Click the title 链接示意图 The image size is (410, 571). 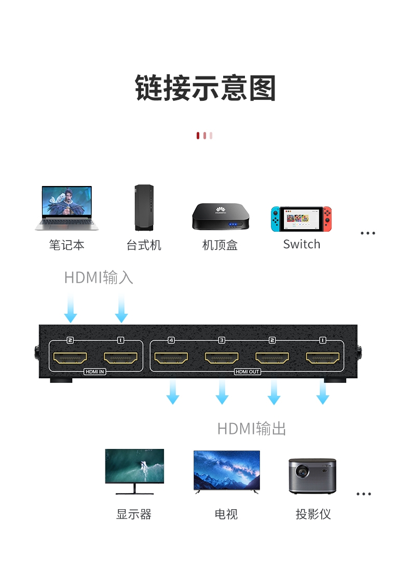[205, 88]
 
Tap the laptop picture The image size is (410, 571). [66, 208]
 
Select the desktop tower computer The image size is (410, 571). [144, 207]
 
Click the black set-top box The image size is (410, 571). [221, 217]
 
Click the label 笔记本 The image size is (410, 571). [66, 245]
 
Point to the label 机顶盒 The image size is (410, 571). [220, 245]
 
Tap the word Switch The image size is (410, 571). [302, 244]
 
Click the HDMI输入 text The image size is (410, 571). [99, 277]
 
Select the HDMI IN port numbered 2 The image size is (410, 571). [70, 357]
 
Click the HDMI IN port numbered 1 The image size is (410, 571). [120, 357]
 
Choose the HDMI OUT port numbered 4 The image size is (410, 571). [171, 357]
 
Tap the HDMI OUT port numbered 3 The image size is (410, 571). [222, 357]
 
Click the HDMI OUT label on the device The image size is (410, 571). [247, 371]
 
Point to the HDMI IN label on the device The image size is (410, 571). [95, 371]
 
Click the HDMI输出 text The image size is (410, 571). [252, 429]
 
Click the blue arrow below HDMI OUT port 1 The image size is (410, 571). [323, 392]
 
